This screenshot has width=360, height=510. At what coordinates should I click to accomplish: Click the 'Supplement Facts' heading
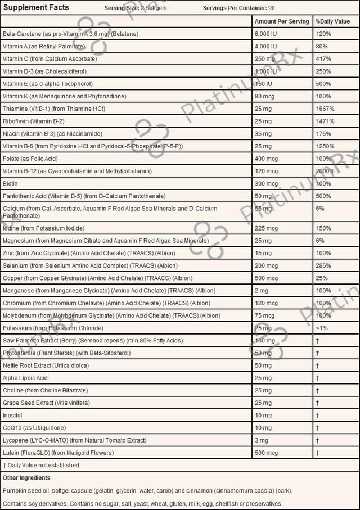tap(35, 7)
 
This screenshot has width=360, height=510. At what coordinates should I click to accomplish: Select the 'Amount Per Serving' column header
tap(282, 21)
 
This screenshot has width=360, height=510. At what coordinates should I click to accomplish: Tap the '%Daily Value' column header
tap(332, 21)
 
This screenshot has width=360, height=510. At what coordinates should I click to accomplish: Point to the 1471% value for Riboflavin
tap(326, 121)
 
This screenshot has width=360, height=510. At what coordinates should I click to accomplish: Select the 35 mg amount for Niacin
tap(264, 134)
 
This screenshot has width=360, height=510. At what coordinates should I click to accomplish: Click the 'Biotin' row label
tap(10, 184)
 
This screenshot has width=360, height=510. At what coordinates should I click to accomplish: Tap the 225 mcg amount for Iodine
tap(267, 228)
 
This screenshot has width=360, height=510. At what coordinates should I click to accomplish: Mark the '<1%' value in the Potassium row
tap(322, 328)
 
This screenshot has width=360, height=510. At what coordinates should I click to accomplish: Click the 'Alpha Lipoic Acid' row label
tap(25, 378)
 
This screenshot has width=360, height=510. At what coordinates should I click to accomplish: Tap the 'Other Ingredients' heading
tap(26, 477)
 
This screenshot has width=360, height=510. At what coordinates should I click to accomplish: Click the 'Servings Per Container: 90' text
tap(238, 8)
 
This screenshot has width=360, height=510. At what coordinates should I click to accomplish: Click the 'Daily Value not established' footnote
tap(42, 465)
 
